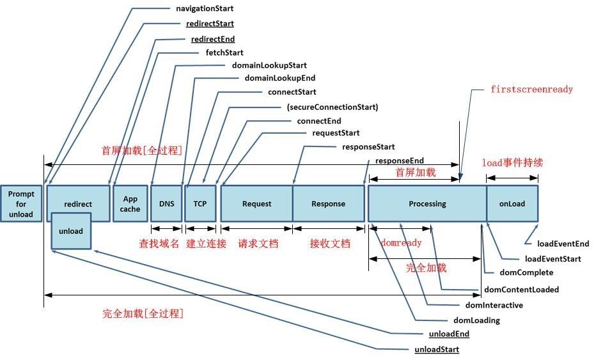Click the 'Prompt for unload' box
(21, 204)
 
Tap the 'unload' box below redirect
(71, 231)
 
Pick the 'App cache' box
(130, 204)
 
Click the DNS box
(166, 204)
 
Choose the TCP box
(200, 204)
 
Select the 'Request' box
(256, 204)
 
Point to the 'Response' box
(328, 204)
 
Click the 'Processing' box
(427, 204)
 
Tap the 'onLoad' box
(512, 204)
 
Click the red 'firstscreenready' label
(531, 90)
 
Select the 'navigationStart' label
(204, 9)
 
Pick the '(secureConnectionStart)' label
(332, 107)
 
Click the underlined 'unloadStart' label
(437, 349)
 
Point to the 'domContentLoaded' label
(521, 290)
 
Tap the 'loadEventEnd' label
(563, 244)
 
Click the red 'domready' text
(401, 243)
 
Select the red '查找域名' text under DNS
(159, 244)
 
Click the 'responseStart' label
(368, 146)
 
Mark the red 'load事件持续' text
(512, 162)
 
